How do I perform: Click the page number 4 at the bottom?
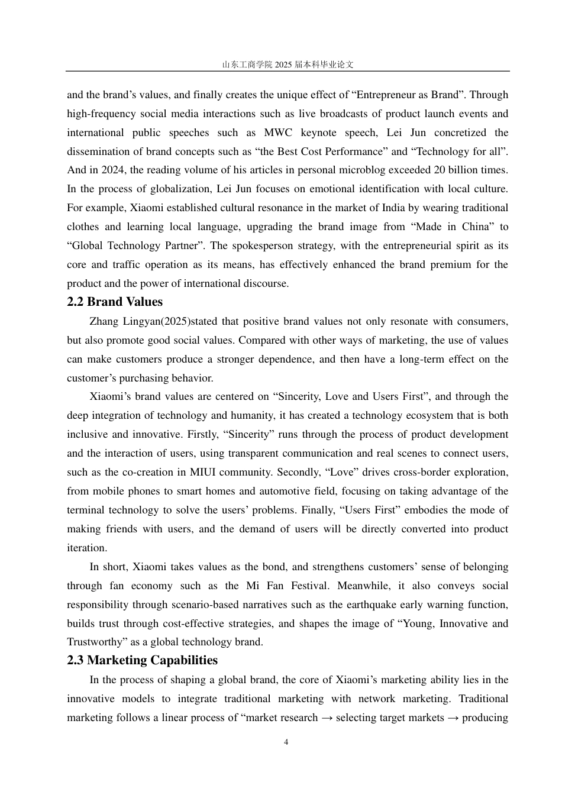(286, 742)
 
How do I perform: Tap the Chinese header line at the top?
(288, 64)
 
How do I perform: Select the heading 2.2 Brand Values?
(115, 302)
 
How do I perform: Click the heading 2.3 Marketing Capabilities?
(142, 660)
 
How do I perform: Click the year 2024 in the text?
(112, 170)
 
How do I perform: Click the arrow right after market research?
(327, 718)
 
